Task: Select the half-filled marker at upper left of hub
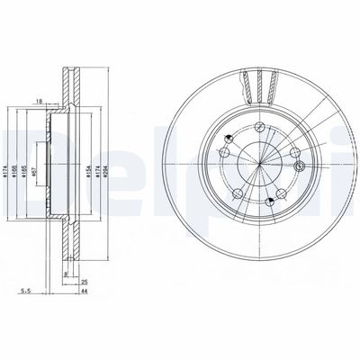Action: coord(230,136)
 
